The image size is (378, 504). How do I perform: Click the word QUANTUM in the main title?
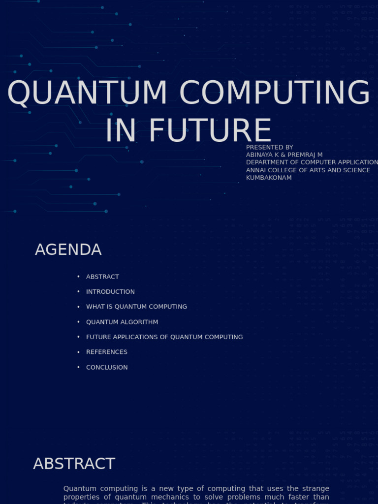[87, 93]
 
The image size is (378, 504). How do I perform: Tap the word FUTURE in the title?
[210, 131]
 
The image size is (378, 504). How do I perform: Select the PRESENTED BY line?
[269, 147]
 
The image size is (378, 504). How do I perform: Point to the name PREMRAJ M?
[305, 155]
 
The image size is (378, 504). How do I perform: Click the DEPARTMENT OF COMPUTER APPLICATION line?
[312, 162]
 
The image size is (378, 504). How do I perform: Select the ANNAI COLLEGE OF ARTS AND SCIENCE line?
[308, 170]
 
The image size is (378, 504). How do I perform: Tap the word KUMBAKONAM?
[269, 178]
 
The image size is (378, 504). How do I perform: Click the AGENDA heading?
[68, 250]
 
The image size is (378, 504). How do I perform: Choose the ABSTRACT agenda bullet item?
[102, 277]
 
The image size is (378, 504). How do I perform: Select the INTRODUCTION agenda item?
[110, 292]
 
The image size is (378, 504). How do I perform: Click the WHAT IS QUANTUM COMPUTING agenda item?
[136, 307]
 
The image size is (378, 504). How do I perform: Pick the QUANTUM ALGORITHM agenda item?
[122, 322]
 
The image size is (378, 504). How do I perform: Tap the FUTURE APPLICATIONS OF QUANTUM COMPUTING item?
[164, 337]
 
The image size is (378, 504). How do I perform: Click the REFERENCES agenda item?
[106, 352]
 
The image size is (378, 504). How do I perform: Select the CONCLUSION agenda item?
[107, 367]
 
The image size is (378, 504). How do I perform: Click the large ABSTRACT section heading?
[74, 464]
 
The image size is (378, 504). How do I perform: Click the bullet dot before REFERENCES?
[78, 352]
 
